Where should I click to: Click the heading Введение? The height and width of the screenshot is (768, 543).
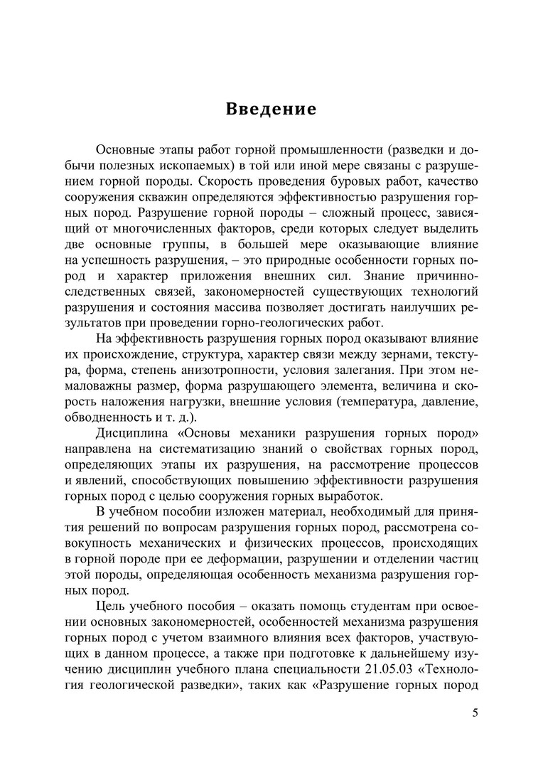271,110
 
